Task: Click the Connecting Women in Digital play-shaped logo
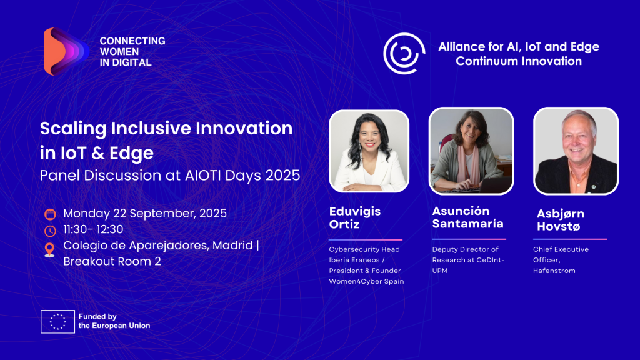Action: point(65,51)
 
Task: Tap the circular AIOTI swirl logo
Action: point(404,53)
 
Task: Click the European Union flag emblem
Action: point(57,322)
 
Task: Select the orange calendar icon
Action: point(50,214)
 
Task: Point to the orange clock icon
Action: point(50,231)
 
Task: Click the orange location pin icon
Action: point(49,250)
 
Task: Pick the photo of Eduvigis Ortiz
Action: point(369,151)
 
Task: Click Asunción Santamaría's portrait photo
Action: point(471,151)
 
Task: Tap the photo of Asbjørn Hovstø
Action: point(576,151)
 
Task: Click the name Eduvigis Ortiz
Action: point(355,218)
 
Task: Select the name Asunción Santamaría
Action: point(467,217)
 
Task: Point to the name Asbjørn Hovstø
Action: point(561,220)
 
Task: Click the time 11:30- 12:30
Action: point(93,229)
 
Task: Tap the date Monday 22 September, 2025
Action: point(145,214)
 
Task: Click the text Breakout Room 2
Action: point(112,261)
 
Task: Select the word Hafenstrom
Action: point(554,271)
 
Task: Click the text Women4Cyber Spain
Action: point(366,281)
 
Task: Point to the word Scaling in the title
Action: point(73,129)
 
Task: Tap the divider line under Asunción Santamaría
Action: point(469,239)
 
